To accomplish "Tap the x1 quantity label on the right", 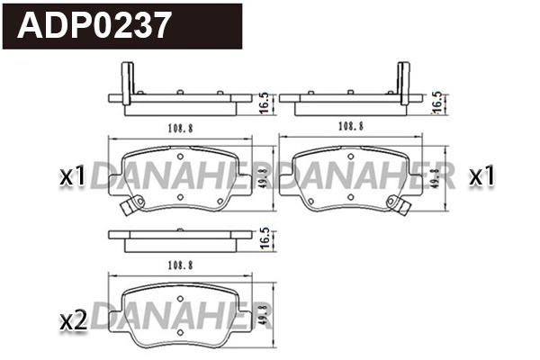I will point(482,176).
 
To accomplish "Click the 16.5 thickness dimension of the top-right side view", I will point(438,100).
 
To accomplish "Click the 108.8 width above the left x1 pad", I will point(179,128).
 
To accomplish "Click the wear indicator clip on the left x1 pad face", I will point(128,210).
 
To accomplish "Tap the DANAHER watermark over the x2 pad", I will point(179,317).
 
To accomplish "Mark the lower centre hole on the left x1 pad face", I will point(180,198).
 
